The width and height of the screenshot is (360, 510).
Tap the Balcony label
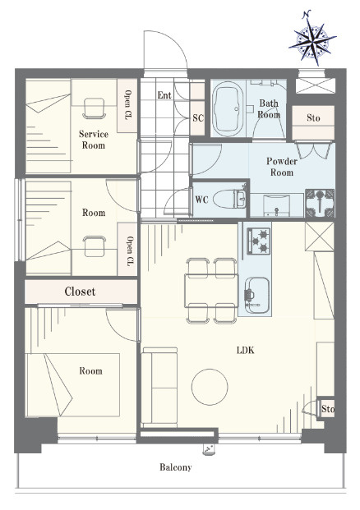click(x=175, y=467)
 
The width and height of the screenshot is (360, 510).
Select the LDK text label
click(x=246, y=351)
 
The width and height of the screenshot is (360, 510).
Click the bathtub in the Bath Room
click(x=228, y=109)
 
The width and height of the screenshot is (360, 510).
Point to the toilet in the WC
click(x=230, y=199)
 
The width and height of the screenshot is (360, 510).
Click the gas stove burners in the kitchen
click(x=259, y=241)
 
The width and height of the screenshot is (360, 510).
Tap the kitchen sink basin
click(x=257, y=296)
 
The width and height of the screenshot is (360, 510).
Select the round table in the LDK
click(x=210, y=387)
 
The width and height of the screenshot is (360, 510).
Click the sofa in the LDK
click(x=159, y=388)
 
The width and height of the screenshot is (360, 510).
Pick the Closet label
click(x=80, y=292)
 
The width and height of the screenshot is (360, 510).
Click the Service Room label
click(x=94, y=140)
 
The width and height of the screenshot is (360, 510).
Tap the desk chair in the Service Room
click(x=95, y=108)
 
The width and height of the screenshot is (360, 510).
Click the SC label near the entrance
click(x=198, y=117)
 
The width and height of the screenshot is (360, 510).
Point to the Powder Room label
click(x=282, y=167)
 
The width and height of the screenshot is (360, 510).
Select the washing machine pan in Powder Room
click(x=320, y=204)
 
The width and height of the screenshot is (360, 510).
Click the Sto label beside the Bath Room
click(x=313, y=117)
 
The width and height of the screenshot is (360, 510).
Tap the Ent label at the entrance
click(x=164, y=95)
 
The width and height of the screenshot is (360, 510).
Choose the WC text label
click(x=201, y=200)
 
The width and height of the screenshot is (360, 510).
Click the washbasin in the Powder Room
click(x=276, y=205)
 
